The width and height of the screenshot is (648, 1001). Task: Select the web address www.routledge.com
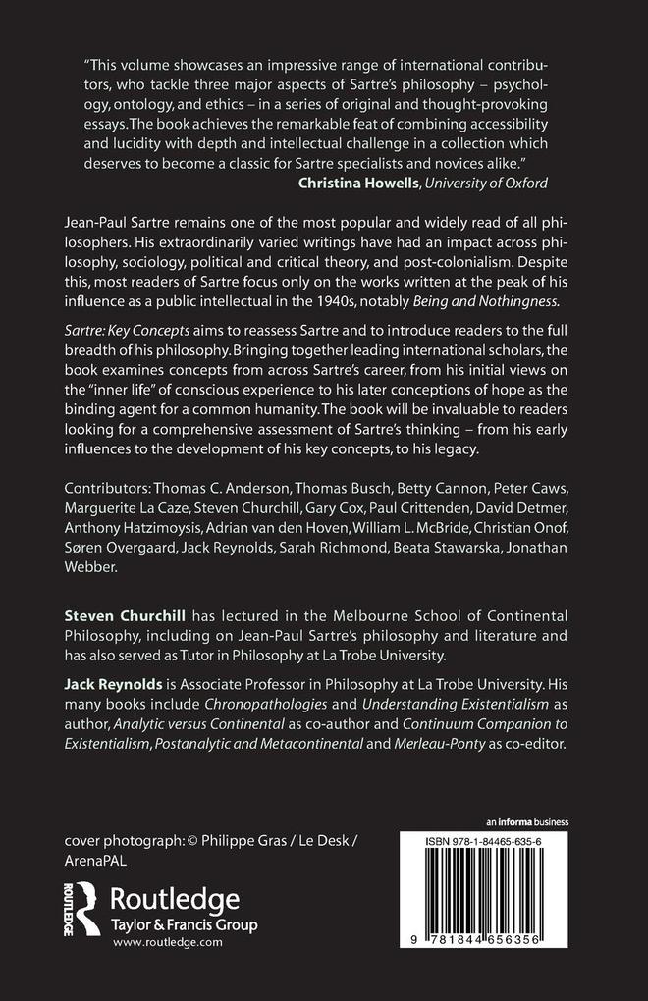[x=168, y=940]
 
